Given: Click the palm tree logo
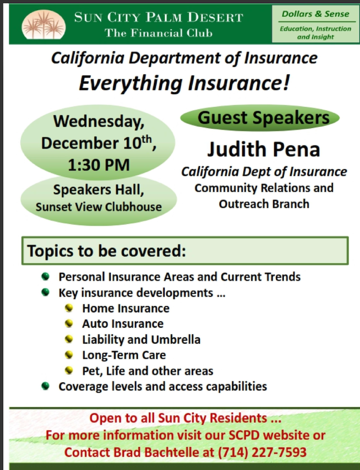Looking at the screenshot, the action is click(x=44, y=24).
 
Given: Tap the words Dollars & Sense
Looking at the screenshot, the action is click(x=316, y=14).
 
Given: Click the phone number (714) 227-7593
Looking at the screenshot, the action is click(x=262, y=452).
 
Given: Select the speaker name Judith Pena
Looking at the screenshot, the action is click(x=264, y=149).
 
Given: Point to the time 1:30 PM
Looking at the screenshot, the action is click(x=99, y=165).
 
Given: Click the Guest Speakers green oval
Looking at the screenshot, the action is click(x=260, y=117).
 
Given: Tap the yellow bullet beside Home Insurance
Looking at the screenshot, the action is click(x=69, y=308).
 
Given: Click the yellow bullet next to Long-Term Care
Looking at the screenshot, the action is click(x=69, y=355).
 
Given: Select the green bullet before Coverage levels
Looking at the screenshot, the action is click(x=45, y=386).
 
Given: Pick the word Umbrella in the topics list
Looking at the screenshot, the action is click(x=176, y=339).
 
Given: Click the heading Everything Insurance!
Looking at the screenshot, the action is click(x=184, y=83).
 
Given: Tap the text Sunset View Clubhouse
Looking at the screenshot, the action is click(x=99, y=207).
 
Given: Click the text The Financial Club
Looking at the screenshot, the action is click(x=158, y=32).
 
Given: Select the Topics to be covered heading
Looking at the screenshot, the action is click(x=106, y=251).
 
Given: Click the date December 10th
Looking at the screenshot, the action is click(x=99, y=142).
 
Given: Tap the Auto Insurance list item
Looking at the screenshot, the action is click(x=123, y=324).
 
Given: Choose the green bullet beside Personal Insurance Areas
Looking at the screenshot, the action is click(x=45, y=276).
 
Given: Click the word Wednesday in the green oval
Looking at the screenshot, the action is click(x=99, y=122).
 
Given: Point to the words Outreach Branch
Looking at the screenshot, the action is click(x=264, y=204).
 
